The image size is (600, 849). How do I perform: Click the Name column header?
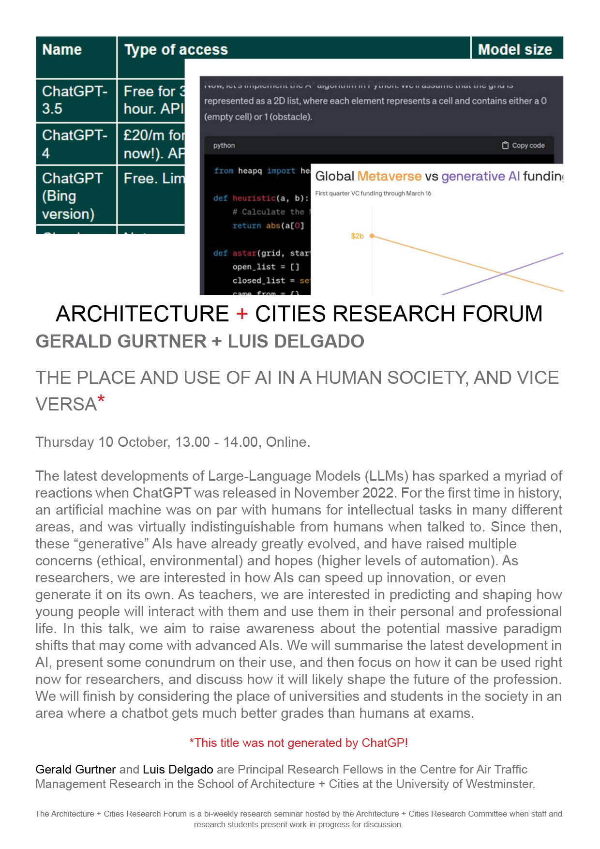[x=62, y=50]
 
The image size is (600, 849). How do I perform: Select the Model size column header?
[x=515, y=50]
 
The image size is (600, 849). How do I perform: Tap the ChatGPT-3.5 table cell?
[x=75, y=100]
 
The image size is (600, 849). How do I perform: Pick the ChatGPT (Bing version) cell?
[x=73, y=196]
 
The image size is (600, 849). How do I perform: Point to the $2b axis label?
[x=357, y=236]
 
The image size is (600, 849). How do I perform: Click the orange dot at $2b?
[x=372, y=236]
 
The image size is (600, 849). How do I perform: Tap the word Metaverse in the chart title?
[x=389, y=176]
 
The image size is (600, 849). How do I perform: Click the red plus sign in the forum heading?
[x=242, y=314]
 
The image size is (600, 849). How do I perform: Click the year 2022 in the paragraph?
[x=379, y=493]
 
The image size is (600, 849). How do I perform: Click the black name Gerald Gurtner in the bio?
[x=75, y=769]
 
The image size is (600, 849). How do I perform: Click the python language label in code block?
[x=224, y=145]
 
